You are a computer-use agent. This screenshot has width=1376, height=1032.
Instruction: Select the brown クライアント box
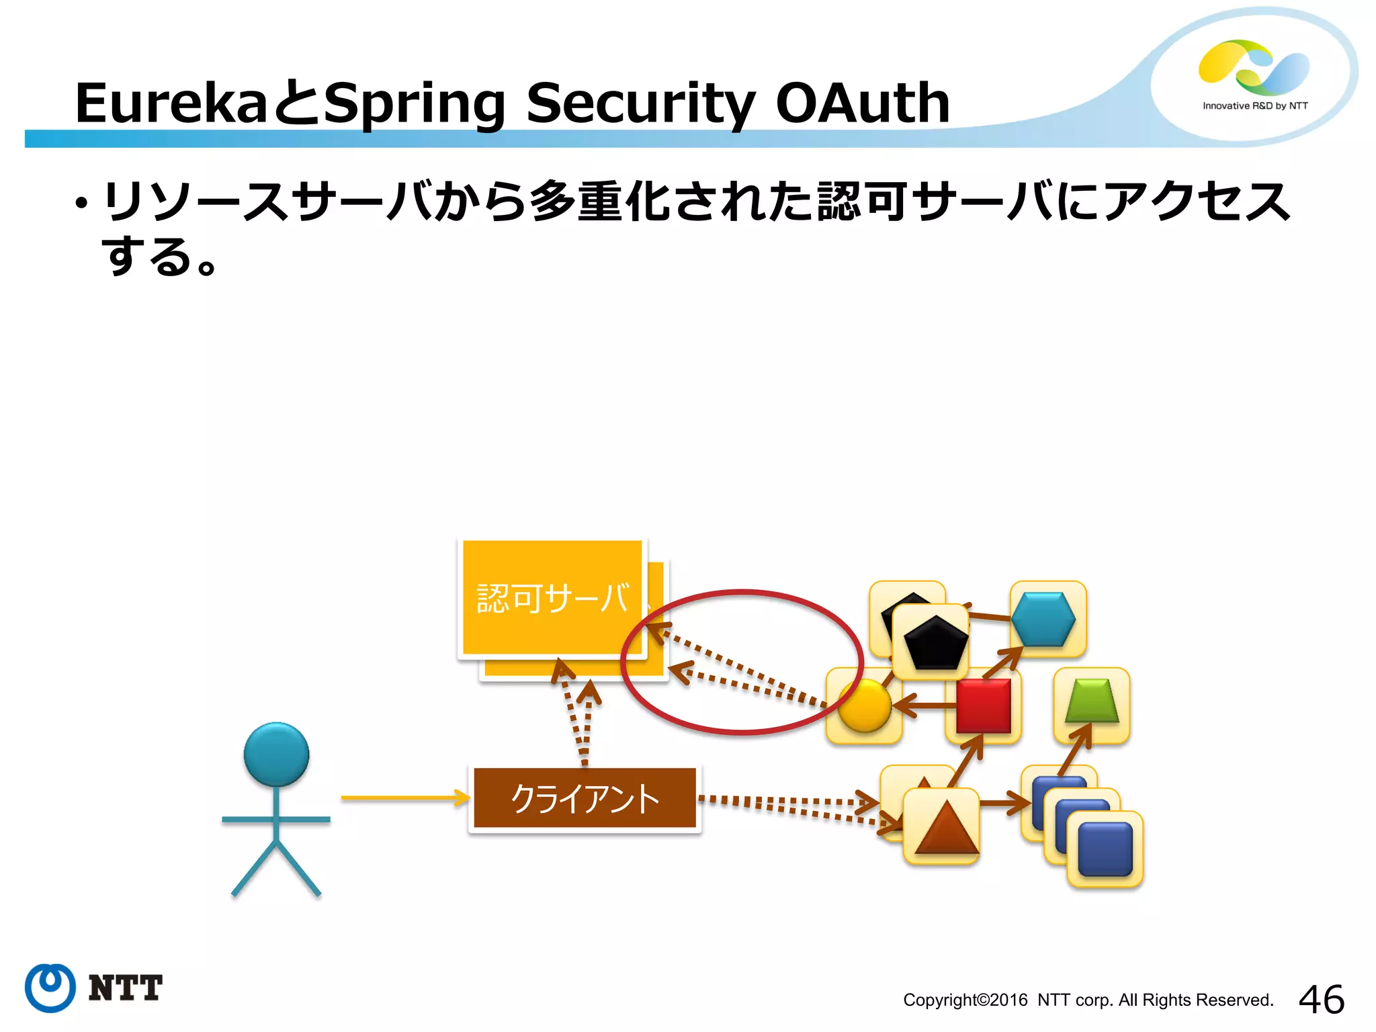[x=585, y=798]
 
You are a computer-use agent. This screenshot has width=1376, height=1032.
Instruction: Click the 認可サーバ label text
[x=552, y=598]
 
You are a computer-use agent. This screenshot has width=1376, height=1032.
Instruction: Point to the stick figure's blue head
[x=276, y=754]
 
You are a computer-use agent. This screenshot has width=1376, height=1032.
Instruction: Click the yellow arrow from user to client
[x=403, y=798]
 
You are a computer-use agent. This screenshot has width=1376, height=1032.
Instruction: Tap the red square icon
[x=983, y=705]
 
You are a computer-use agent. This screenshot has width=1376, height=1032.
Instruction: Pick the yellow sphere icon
[x=865, y=705]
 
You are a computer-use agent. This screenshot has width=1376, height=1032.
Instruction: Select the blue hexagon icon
[x=1043, y=619]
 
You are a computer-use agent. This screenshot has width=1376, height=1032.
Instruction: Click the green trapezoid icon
[x=1092, y=702]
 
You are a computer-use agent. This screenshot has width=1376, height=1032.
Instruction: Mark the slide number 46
[x=1321, y=999]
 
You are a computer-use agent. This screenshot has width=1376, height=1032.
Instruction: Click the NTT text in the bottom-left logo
[x=125, y=988]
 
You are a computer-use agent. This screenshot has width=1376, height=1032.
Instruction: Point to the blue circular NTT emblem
[x=50, y=988]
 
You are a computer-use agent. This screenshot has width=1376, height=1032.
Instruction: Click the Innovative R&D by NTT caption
[x=1254, y=106]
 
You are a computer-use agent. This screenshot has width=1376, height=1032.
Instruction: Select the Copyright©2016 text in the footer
[x=965, y=1000]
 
